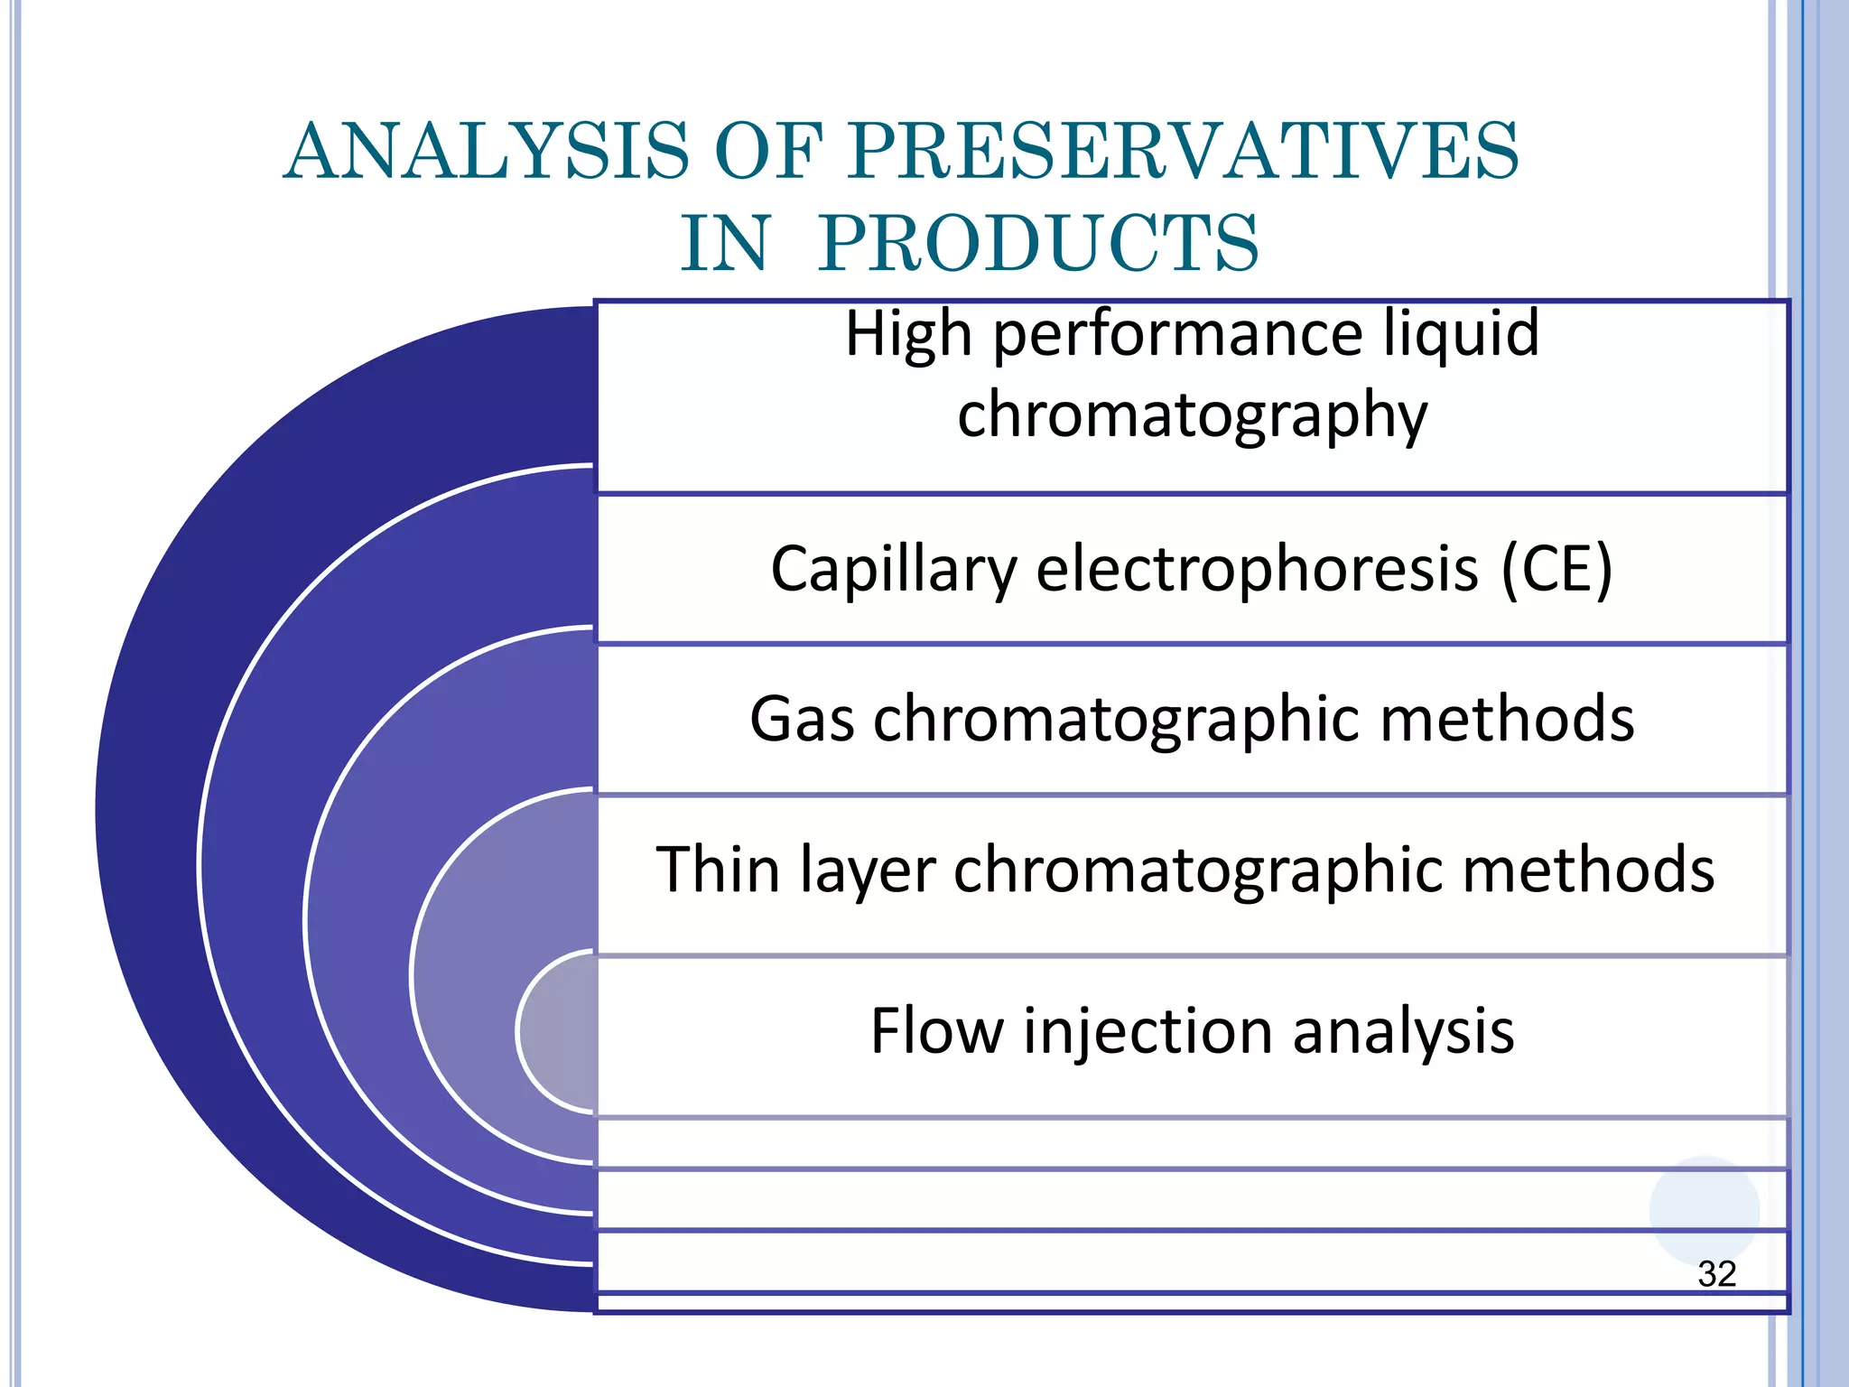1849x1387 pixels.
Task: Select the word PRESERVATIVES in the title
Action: pyautogui.click(x=1184, y=151)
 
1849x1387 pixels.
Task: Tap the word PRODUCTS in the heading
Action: pyautogui.click(x=1037, y=244)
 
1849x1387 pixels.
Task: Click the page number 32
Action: pyautogui.click(x=1716, y=1274)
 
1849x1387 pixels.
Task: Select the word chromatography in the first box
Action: pyautogui.click(x=1192, y=415)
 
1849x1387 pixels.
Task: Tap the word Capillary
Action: pyautogui.click(x=893, y=570)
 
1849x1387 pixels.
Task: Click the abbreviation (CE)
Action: pyautogui.click(x=1556, y=570)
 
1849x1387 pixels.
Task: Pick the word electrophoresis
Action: pyautogui.click(x=1258, y=570)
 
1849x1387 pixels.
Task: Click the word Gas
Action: pyautogui.click(x=802, y=720)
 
